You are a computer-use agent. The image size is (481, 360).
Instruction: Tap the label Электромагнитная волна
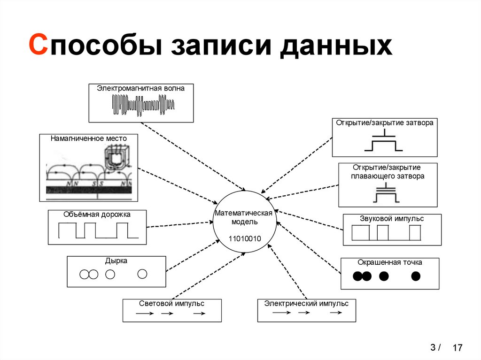(141, 88)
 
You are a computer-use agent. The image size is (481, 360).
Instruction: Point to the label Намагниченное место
(89, 138)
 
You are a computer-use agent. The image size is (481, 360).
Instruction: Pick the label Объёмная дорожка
(97, 214)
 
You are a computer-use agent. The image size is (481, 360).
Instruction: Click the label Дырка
(116, 260)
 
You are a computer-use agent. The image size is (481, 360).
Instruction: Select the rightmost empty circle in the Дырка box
(142, 274)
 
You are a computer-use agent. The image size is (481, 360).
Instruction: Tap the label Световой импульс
(171, 303)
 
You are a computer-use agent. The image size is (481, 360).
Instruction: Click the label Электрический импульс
(306, 303)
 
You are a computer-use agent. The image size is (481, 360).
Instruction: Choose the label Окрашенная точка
(390, 262)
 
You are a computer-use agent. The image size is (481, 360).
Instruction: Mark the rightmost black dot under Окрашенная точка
(415, 276)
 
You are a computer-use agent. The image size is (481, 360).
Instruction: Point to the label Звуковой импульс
(392, 219)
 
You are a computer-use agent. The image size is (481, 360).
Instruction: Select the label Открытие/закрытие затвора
(384, 123)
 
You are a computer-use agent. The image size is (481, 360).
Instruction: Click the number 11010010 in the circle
(245, 238)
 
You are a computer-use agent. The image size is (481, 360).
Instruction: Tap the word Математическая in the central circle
(244, 213)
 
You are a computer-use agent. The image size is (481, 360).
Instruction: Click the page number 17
(458, 348)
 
